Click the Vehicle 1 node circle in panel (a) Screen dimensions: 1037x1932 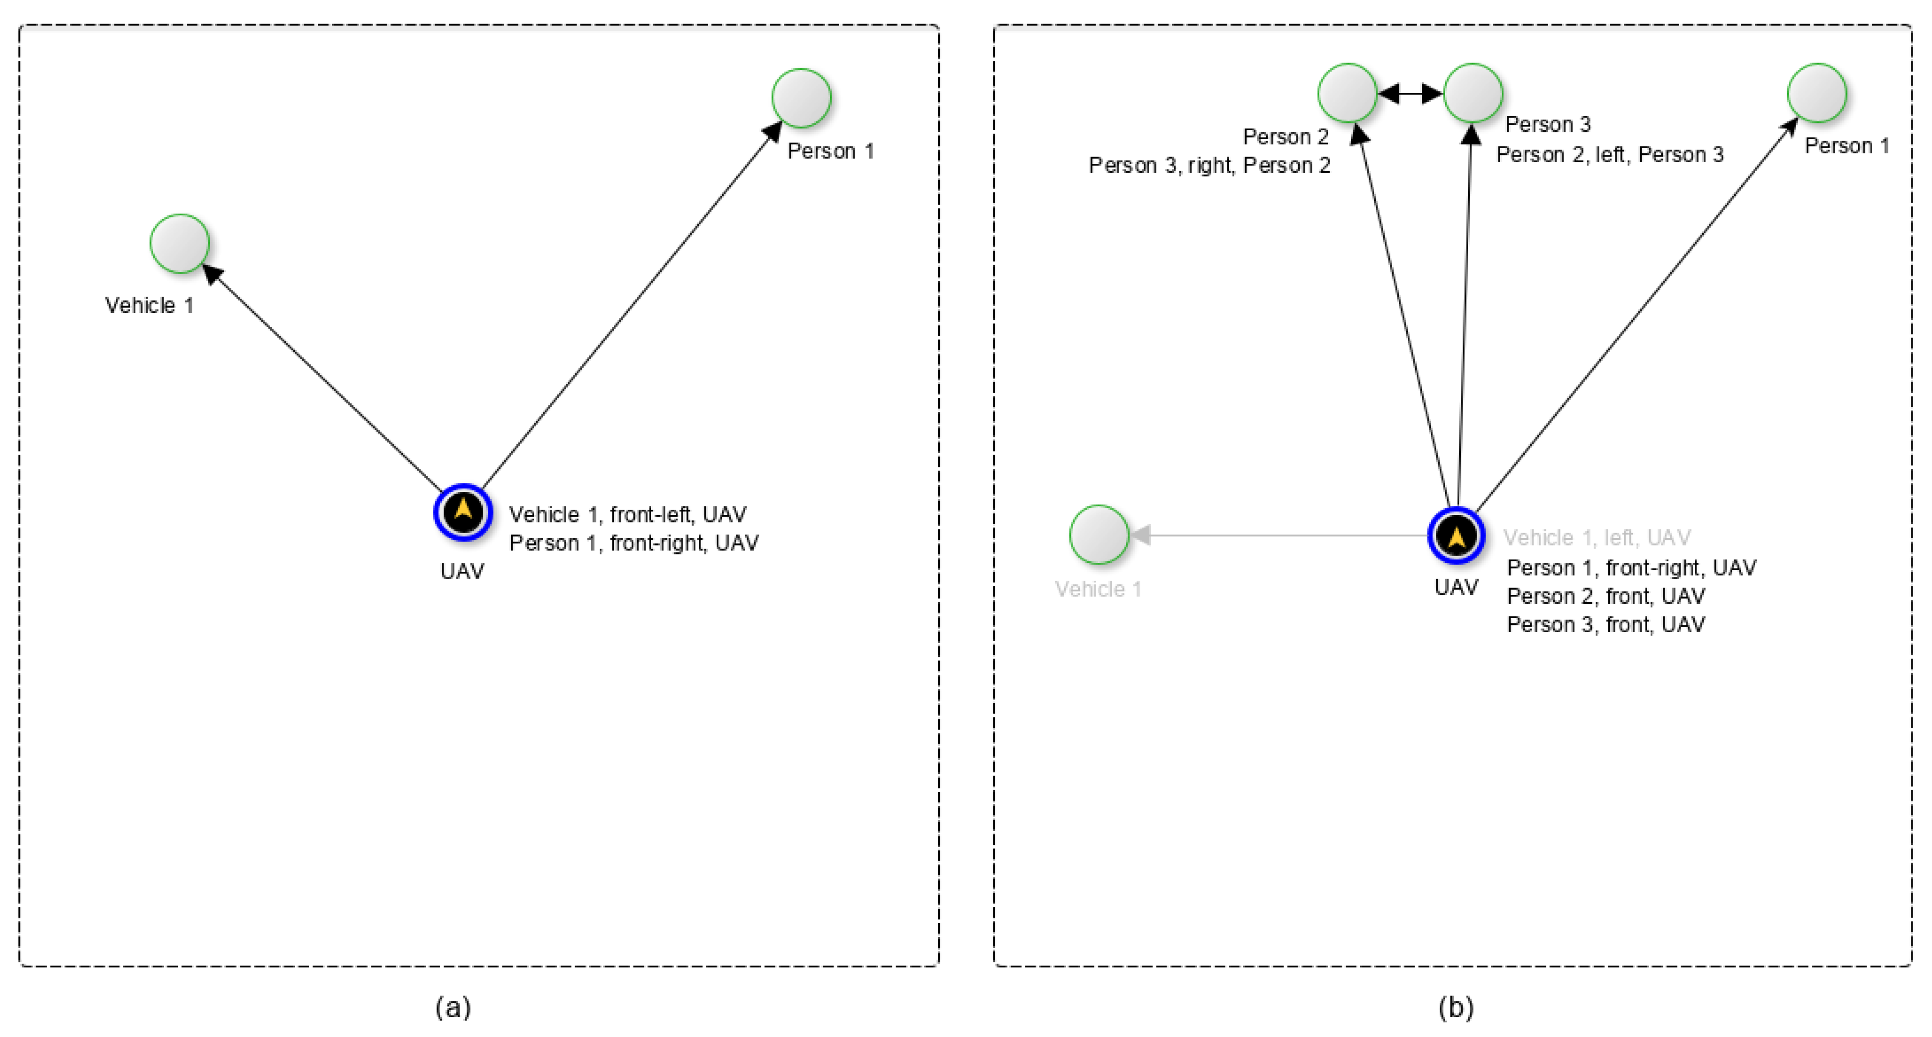[x=180, y=244]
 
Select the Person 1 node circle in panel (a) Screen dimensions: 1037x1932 [x=802, y=98]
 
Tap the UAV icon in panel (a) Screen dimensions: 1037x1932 [x=463, y=512]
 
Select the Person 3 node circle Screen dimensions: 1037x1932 [x=1473, y=93]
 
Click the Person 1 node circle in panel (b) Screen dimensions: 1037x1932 [x=1817, y=93]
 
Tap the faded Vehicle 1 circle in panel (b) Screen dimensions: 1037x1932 [x=1099, y=535]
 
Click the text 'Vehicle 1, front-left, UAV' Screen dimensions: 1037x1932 [x=628, y=515]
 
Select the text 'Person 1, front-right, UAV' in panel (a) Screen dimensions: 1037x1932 [x=634, y=543]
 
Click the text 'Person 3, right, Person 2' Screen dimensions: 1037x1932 [x=1209, y=165]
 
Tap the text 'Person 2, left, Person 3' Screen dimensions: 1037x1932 [x=1609, y=154]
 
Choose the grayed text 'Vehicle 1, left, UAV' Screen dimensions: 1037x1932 [x=1597, y=538]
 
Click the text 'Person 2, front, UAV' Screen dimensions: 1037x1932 [x=1606, y=596]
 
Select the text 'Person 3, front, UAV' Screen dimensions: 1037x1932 [x=1606, y=625]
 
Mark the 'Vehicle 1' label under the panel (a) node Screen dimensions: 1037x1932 [x=149, y=306]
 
